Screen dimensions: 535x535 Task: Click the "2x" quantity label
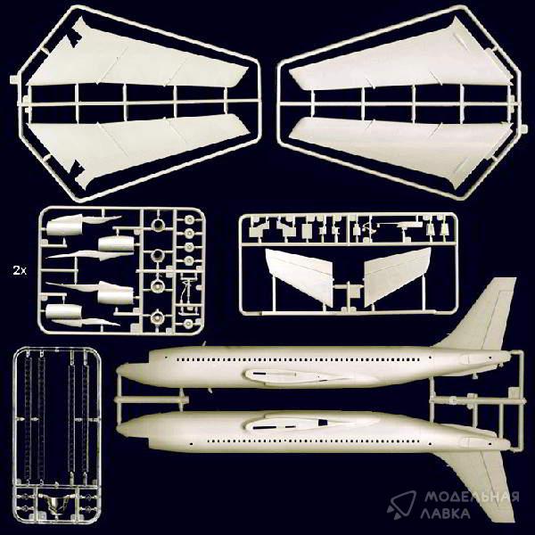pyautogui.click(x=20, y=271)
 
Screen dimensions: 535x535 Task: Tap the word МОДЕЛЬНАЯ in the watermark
pyautogui.click(x=472, y=497)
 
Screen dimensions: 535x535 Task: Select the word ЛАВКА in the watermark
pyautogui.click(x=446, y=514)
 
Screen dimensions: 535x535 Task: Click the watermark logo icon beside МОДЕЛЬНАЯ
pyautogui.click(x=401, y=505)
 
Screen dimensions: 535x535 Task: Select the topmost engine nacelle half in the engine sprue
pyautogui.click(x=64, y=224)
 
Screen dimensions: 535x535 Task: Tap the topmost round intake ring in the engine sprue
pyautogui.click(x=159, y=225)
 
